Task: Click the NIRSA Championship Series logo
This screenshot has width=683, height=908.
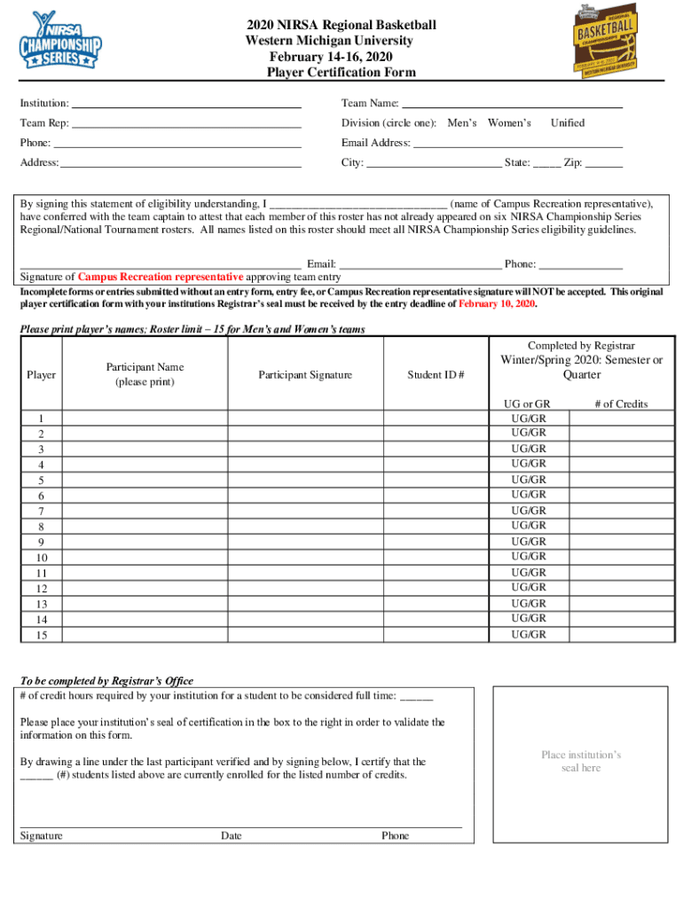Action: (61, 41)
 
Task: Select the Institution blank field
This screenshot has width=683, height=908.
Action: (186, 104)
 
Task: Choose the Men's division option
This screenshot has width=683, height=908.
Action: (462, 123)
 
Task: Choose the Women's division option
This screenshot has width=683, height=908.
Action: (509, 123)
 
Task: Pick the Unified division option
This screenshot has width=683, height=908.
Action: (568, 123)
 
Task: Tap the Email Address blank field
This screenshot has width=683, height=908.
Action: (518, 143)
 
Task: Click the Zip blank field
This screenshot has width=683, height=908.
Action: (604, 163)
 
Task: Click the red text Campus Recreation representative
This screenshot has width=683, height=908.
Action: (161, 277)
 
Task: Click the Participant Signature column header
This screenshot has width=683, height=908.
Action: (305, 375)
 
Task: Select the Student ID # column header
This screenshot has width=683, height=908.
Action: (436, 375)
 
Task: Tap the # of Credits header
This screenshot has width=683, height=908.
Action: (621, 404)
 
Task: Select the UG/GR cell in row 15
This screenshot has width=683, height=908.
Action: (529, 635)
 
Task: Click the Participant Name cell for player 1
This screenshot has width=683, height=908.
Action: (145, 419)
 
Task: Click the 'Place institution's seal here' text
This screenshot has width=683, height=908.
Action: (581, 762)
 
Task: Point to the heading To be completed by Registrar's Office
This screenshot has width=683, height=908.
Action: (106, 681)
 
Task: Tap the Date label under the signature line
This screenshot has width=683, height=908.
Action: (231, 835)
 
